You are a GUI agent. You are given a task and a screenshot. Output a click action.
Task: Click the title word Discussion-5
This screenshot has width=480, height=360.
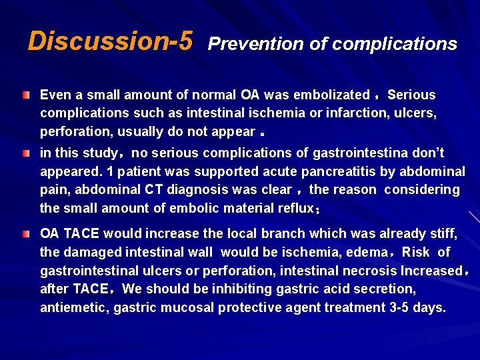110,41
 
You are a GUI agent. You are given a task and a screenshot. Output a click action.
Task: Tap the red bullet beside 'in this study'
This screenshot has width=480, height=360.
25,154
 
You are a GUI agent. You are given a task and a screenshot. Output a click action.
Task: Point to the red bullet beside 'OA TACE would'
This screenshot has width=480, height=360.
25,235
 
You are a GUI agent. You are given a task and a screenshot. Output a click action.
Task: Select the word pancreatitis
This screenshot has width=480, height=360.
339,171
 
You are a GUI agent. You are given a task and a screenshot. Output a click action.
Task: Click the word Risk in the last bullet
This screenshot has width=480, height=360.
416,253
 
